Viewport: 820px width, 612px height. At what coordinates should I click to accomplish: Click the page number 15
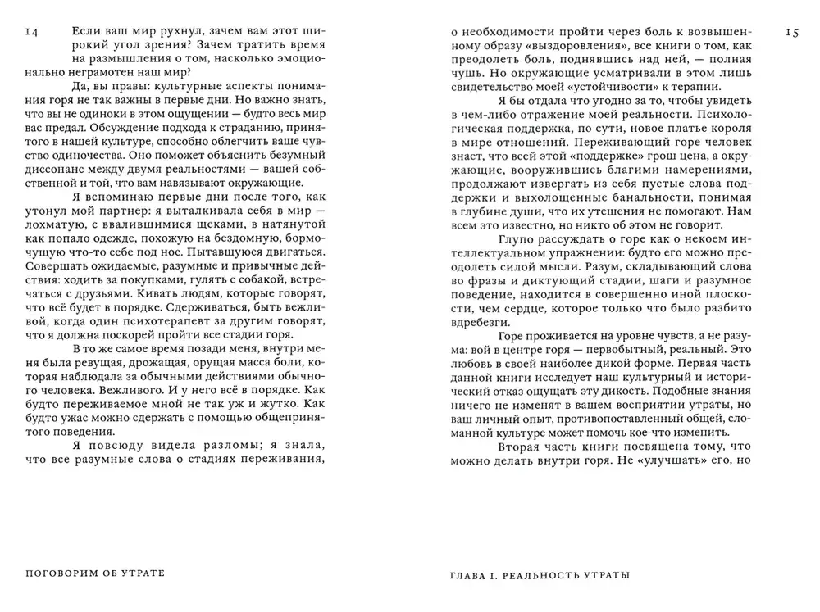pos(792,33)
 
